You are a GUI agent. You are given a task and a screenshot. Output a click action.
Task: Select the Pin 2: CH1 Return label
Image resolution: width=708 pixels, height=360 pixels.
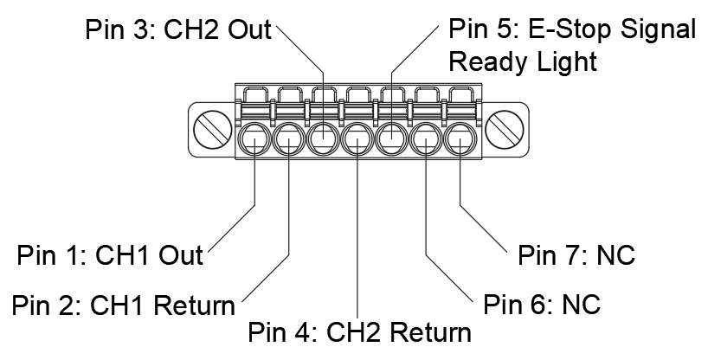123,305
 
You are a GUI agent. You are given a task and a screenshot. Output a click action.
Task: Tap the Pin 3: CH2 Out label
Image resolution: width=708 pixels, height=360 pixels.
177,30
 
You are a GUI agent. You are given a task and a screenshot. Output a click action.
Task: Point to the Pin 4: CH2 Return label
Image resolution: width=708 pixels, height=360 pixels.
359,333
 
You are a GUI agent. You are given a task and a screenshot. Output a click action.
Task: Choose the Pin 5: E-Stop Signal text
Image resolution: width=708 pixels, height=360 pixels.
572,30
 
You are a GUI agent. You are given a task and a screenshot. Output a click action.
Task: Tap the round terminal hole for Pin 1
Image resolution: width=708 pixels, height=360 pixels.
254,138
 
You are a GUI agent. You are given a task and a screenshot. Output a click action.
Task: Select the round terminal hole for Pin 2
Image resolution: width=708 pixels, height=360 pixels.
288,138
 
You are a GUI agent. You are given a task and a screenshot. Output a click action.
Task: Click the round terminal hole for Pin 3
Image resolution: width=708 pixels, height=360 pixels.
323,138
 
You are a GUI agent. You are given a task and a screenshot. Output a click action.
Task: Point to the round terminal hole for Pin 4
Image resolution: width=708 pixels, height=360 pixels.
357,138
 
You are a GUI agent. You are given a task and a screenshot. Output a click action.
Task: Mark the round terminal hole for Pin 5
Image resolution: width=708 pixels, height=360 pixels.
391,138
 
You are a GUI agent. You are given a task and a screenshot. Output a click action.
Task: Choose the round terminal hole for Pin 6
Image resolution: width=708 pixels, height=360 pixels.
425,138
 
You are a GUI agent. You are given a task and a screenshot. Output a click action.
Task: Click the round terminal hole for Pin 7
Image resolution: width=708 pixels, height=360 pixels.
459,138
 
